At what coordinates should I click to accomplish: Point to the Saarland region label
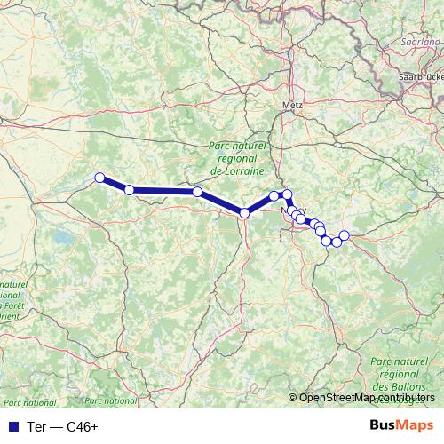422,40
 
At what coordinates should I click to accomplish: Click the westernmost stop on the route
100,177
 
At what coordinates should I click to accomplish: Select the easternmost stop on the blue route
345,235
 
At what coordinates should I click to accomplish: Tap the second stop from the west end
130,190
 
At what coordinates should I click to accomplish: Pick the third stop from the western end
197,192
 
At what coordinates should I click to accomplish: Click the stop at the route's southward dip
244,212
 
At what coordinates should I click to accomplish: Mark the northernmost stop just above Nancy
287,194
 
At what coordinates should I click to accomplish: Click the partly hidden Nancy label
291,211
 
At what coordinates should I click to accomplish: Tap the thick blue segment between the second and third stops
163,191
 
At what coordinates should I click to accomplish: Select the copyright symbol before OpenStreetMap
294,398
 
